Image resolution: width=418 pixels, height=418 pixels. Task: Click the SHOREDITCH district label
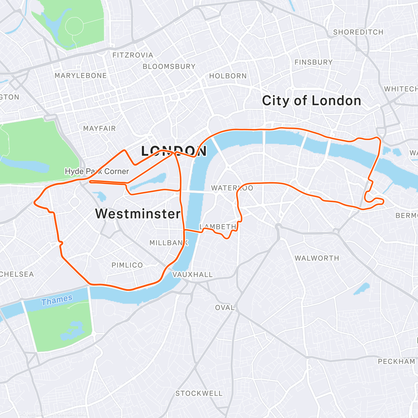pos(358,32)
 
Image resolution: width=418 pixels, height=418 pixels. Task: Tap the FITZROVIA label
pos(133,55)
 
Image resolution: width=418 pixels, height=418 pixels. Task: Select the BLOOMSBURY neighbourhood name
pos(169,66)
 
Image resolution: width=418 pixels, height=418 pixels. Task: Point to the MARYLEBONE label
pos(80,76)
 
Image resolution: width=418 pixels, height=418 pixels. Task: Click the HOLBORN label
pos(228,76)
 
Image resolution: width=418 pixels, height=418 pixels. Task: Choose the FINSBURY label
pos(313,62)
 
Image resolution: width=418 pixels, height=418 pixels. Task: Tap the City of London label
pos(311,101)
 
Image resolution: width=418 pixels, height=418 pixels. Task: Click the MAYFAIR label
pos(99,129)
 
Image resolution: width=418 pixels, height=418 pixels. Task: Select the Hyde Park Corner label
pos(97,171)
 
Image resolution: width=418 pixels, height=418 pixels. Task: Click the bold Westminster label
pos(138,214)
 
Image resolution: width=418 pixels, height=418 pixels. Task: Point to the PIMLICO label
pos(127,265)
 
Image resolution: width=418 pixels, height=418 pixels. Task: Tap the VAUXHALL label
pos(192,274)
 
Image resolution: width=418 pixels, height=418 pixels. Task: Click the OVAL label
pos(225,308)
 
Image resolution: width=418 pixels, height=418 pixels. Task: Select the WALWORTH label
pos(317,258)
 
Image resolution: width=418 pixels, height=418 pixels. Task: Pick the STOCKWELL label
pos(199,393)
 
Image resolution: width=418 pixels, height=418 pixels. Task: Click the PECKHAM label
pos(396,361)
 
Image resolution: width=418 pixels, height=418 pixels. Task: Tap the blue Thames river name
pos(57,300)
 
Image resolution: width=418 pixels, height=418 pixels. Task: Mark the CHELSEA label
pos(17,274)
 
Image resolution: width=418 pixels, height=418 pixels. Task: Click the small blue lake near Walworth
pos(361,289)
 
